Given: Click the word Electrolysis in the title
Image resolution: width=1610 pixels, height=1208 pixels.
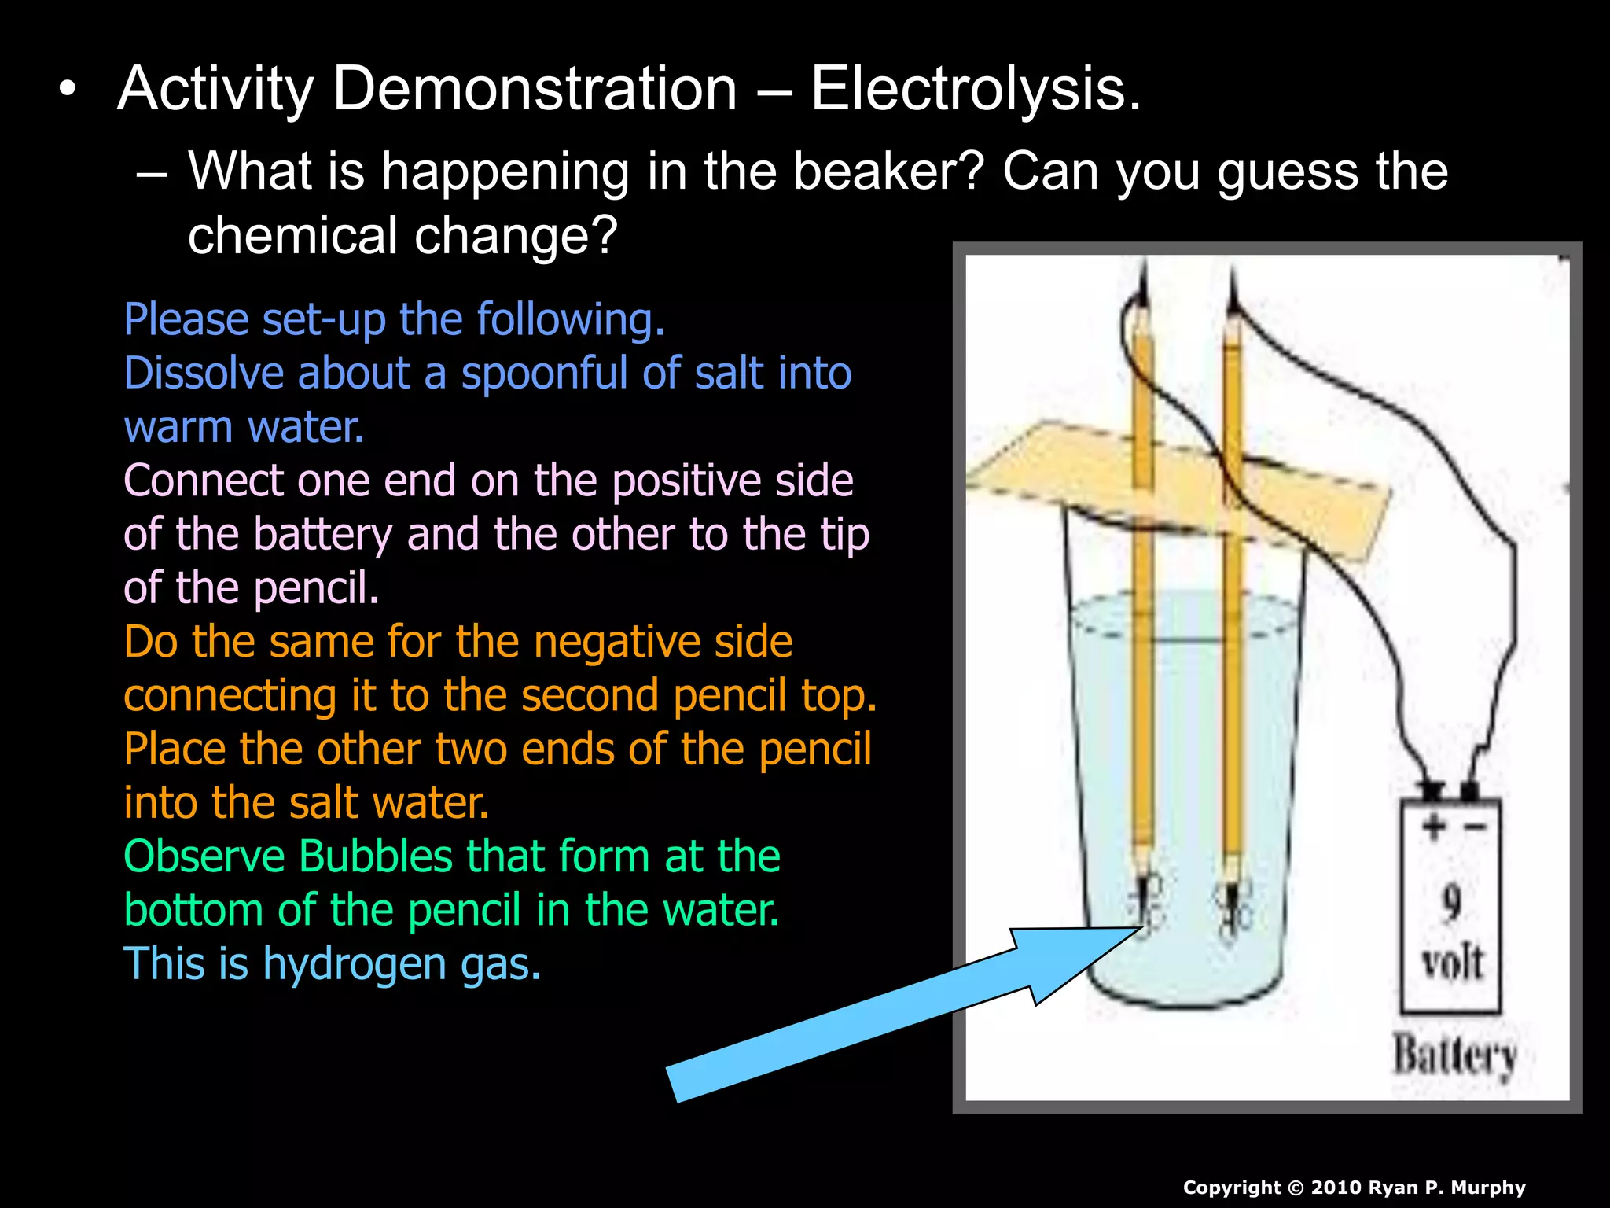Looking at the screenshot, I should point(975,89).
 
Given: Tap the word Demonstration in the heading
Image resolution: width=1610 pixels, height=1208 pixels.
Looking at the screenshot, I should point(535,89).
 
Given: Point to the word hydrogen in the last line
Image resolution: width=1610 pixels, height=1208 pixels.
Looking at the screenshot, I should point(355,964).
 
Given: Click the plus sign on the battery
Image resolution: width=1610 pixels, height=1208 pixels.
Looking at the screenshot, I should point(1433,826).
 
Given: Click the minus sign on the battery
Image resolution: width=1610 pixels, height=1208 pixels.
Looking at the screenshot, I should point(1474,827).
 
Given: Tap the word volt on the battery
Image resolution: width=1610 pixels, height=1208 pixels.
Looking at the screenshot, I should point(1452,962).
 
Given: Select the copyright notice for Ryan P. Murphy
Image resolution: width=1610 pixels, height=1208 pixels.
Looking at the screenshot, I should point(1354,1188).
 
